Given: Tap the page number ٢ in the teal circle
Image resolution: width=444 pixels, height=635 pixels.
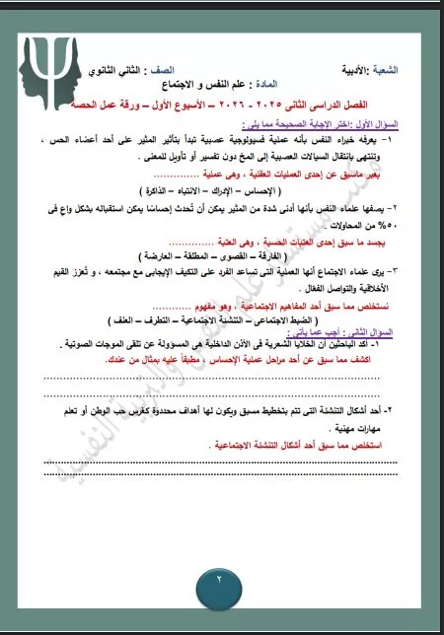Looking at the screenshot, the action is pyautogui.click(x=220, y=577).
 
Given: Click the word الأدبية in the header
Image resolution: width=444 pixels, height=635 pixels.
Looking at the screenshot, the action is pyautogui.click(x=369, y=70).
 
